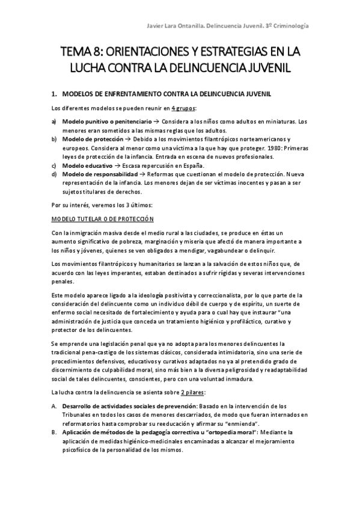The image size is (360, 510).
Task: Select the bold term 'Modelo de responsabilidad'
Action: pos(99,174)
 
